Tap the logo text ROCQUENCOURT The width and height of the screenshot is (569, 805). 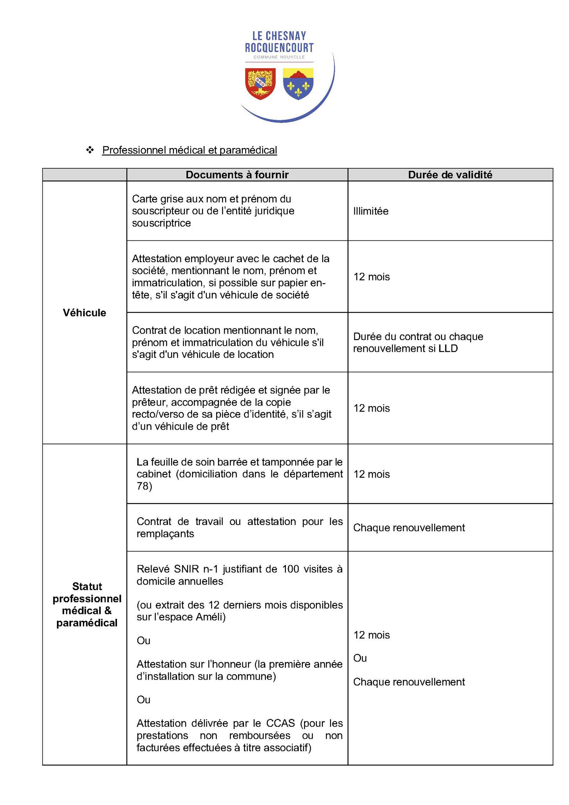coord(279,48)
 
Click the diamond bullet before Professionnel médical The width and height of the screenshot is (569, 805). coord(90,150)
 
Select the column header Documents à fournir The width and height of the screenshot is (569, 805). coord(237,175)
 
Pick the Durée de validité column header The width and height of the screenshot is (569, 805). coord(450,175)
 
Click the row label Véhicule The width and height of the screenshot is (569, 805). coord(84,313)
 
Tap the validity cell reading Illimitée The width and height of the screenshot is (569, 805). coord(371,211)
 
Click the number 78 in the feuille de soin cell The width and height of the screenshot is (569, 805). coord(142,486)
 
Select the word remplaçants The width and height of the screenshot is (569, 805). coord(165,534)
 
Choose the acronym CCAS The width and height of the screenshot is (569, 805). coord(280,723)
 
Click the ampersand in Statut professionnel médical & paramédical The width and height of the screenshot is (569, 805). coord(107,611)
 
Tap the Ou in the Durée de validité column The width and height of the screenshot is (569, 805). coord(360,658)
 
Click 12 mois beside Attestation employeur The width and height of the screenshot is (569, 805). coord(371,277)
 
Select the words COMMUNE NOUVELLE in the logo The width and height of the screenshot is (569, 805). coord(279,57)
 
